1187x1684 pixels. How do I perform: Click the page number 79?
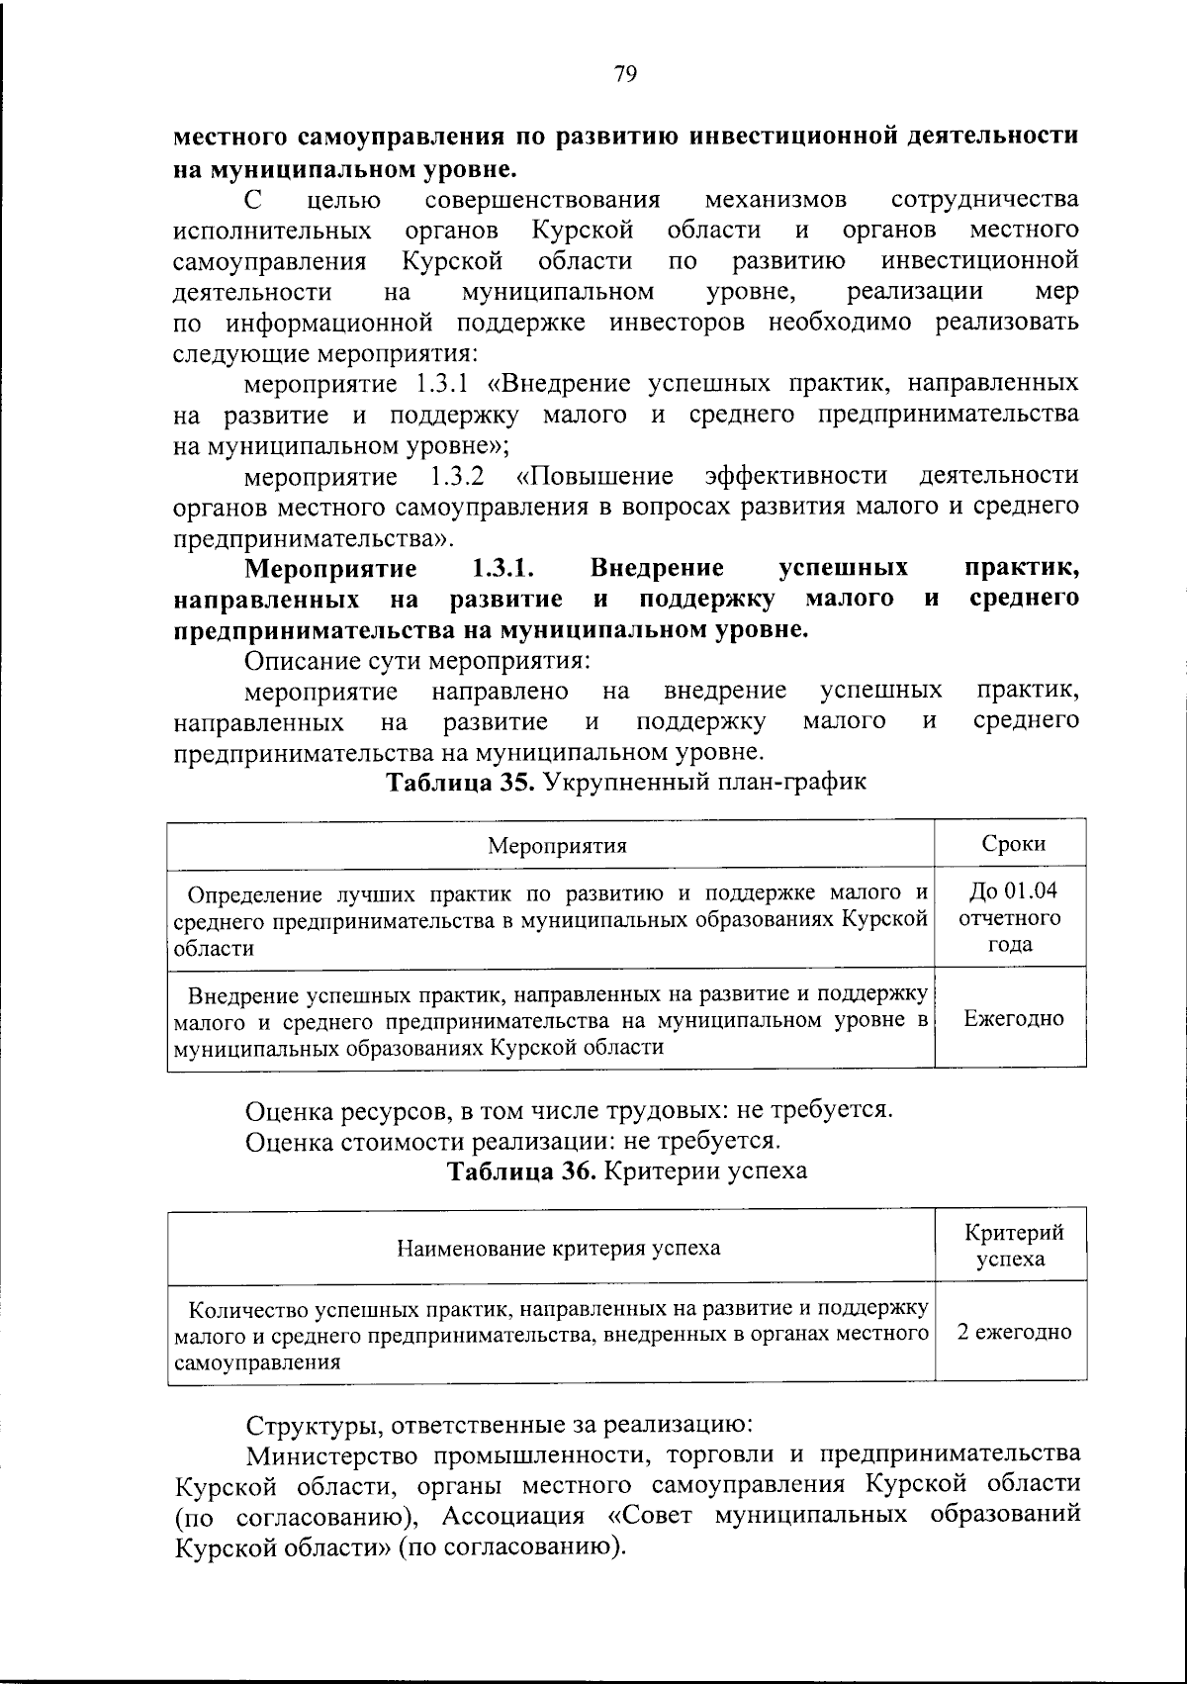625,75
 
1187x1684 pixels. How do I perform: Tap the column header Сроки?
1013,844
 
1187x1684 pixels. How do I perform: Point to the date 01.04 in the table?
1032,890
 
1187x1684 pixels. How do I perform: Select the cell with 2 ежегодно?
1014,1332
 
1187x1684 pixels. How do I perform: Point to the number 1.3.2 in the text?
458,477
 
